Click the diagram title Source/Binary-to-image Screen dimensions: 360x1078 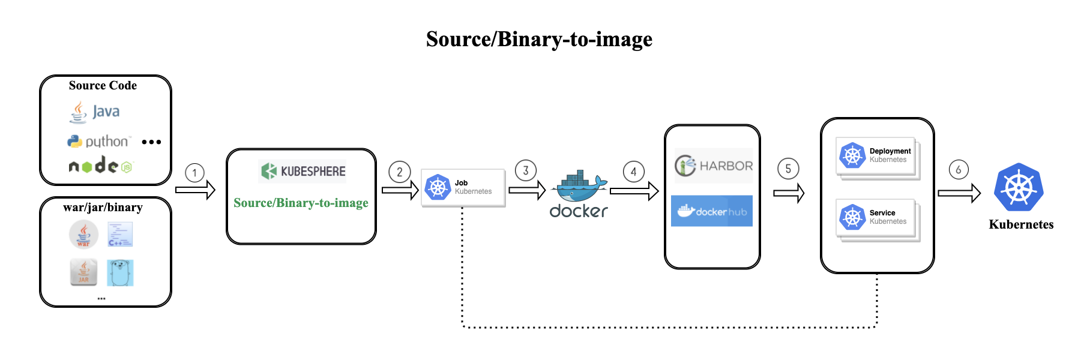[538, 40]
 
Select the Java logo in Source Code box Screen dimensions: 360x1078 [94, 112]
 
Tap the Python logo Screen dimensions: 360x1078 [98, 142]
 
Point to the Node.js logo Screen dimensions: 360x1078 [100, 165]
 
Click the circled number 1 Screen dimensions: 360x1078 [194, 173]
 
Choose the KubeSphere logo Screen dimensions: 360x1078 [302, 171]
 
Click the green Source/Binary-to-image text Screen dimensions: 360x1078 [301, 203]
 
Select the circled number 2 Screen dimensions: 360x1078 [400, 172]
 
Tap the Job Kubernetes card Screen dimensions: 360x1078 [463, 188]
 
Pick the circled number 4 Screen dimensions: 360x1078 [633, 172]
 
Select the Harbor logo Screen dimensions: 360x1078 [713, 166]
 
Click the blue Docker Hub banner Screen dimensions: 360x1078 [712, 211]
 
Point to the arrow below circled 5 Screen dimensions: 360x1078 [788, 193]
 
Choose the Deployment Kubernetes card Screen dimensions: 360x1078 [877, 156]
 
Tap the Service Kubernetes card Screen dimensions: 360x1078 [877, 218]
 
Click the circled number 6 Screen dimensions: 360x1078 [959, 170]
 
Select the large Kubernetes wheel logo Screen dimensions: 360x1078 [1019, 187]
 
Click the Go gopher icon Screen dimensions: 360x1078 [120, 273]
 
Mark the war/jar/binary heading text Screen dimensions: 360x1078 [103, 208]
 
